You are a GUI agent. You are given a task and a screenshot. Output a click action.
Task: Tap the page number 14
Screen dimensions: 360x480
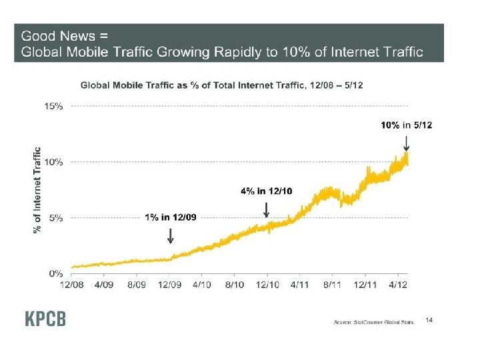click(429, 321)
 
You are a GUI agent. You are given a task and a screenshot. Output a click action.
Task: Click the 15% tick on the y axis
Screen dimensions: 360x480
click(55, 106)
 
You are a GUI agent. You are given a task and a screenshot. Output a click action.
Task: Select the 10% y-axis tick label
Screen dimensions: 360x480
click(55, 161)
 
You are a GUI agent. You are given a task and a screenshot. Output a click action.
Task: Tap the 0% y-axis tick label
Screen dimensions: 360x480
click(57, 273)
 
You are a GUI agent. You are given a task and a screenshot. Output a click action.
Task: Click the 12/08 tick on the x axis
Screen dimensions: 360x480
click(72, 284)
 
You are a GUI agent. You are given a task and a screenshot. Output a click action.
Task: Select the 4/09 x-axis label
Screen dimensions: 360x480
click(104, 284)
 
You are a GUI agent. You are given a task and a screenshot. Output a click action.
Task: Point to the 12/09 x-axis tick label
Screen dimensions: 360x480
click(169, 284)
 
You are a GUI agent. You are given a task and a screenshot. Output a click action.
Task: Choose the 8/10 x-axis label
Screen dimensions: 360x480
click(235, 284)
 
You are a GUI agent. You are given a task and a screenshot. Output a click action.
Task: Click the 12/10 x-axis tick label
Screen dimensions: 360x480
click(267, 284)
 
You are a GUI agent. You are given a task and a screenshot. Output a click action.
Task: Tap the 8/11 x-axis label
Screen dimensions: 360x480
click(333, 284)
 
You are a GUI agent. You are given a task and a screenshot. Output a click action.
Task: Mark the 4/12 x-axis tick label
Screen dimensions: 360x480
click(398, 284)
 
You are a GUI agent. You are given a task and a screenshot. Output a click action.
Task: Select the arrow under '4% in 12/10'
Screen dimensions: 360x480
click(267, 210)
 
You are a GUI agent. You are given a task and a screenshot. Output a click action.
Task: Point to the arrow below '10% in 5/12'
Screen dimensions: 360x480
click(407, 143)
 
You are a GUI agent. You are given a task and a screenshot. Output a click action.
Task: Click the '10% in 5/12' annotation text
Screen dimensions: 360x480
click(406, 125)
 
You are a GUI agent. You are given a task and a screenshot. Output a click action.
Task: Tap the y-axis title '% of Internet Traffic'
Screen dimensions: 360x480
click(37, 190)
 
